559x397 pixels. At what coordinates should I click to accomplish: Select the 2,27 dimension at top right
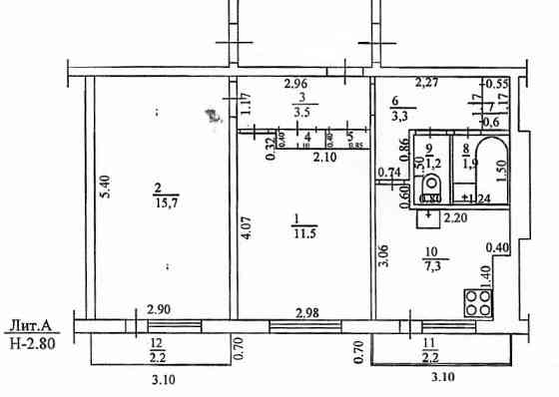426,84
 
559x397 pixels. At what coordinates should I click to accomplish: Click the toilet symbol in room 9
432,187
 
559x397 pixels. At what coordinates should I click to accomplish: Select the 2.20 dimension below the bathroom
454,216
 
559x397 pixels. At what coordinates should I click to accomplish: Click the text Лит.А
36,323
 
